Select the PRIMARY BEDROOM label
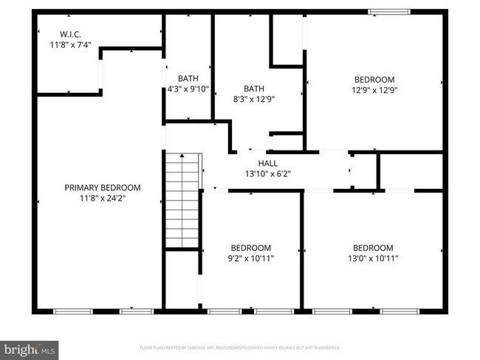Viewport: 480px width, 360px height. pyautogui.click(x=102, y=187)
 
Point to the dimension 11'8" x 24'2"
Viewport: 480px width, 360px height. pyautogui.click(x=102, y=198)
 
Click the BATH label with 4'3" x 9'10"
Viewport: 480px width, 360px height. pyautogui.click(x=188, y=78)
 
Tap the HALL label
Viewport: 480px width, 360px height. pyautogui.click(x=267, y=163)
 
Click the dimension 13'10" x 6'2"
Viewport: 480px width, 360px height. pyautogui.click(x=267, y=174)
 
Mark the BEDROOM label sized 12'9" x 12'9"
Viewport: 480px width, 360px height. pyautogui.click(x=374, y=80)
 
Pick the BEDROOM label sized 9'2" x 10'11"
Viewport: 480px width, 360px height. pyautogui.click(x=250, y=248)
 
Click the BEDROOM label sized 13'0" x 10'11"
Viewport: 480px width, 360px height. pyautogui.click(x=372, y=248)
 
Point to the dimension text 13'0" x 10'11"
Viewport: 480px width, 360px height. pyautogui.click(x=372, y=259)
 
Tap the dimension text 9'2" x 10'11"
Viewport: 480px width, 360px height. pyautogui.click(x=250, y=259)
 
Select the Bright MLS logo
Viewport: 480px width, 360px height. pyautogui.click(x=30, y=347)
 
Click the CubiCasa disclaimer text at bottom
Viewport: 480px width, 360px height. pyautogui.click(x=239, y=347)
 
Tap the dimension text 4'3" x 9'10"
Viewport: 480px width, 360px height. pyautogui.click(x=188, y=89)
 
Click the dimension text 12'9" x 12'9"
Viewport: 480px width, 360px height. pyautogui.click(x=374, y=91)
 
